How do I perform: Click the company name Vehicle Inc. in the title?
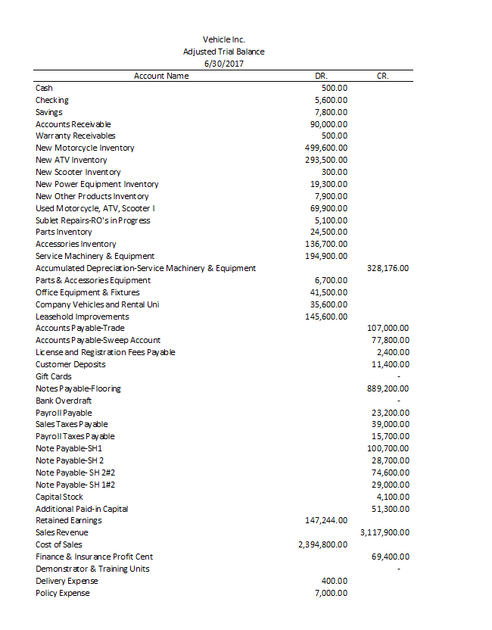[x=223, y=39]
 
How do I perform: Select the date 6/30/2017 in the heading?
[x=223, y=64]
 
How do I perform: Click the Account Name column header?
[x=161, y=76]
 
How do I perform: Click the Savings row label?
[x=49, y=112]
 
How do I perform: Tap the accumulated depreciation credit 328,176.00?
[x=388, y=268]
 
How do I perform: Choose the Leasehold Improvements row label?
[x=83, y=317]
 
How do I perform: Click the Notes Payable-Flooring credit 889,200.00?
[x=388, y=388]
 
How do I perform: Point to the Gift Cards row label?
[x=54, y=376]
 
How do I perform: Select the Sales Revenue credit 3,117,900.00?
[x=384, y=532]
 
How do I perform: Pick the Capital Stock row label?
[x=59, y=497]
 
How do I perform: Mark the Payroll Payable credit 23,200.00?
[x=391, y=413]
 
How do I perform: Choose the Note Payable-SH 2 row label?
[x=70, y=460]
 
